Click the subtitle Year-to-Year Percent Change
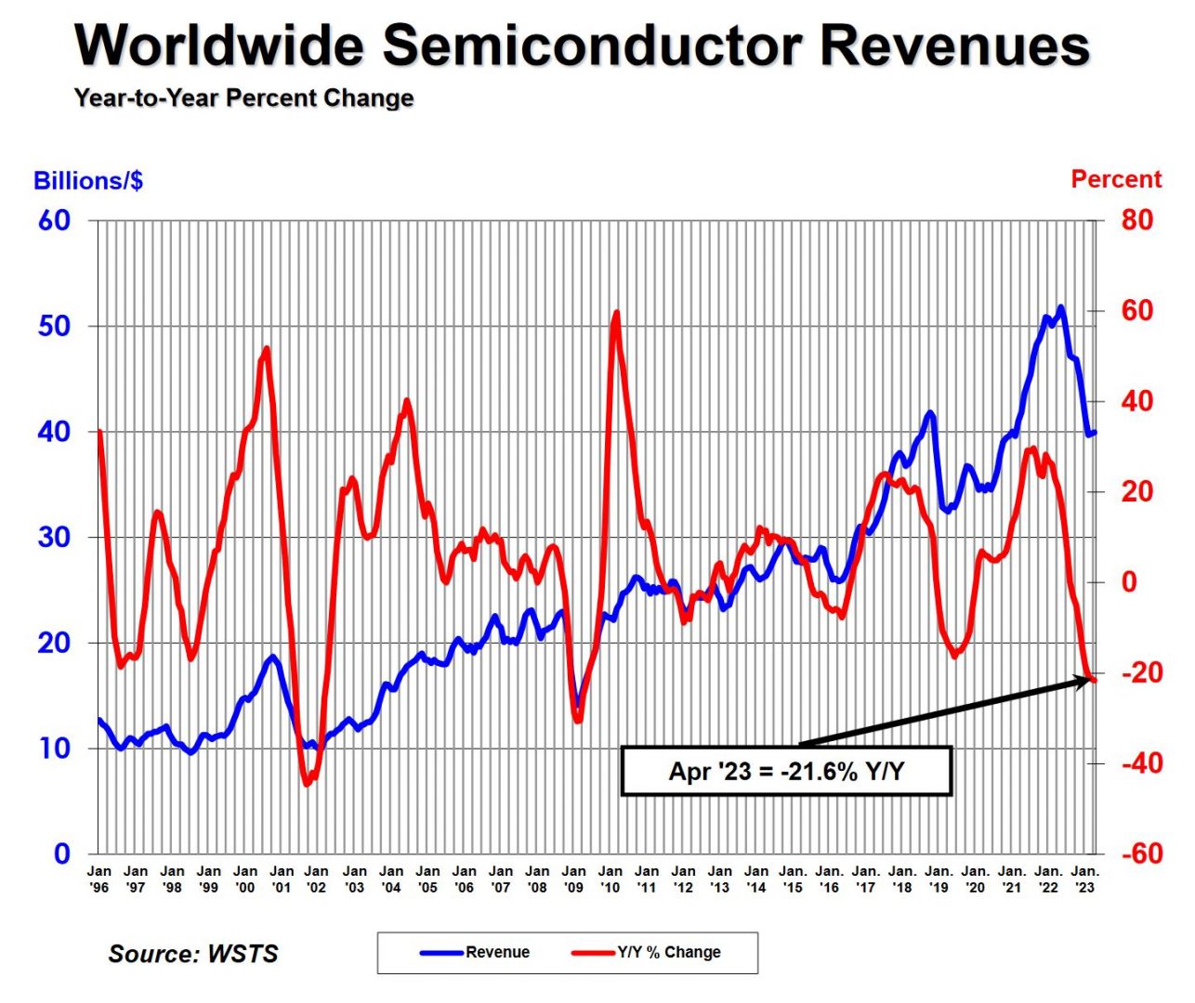pos(243,98)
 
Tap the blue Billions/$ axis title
pos(88,180)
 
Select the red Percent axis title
pos(1116,179)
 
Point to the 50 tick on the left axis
pos(54,326)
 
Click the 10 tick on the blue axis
pos(54,748)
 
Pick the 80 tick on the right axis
pos(1136,220)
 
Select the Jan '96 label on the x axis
pos(98,879)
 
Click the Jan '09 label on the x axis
pos(573,879)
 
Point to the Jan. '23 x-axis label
pos(1084,879)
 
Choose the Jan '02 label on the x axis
pos(317,879)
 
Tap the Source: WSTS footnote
pos(193,954)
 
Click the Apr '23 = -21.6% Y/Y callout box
pos(786,771)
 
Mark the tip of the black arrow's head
pos(1090,680)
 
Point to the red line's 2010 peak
pos(616,313)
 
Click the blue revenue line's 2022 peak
pos(1061,307)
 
